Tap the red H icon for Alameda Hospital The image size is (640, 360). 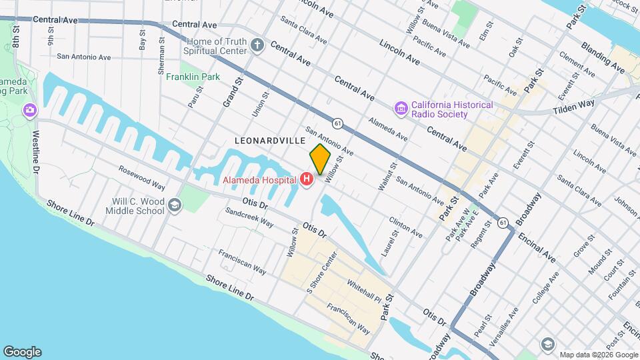(x=307, y=179)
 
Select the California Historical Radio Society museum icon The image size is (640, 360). (x=401, y=108)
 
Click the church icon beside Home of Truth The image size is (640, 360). (x=258, y=45)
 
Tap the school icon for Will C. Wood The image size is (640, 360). (x=175, y=205)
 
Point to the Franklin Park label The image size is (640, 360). (x=193, y=77)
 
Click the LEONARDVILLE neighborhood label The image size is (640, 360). (x=269, y=141)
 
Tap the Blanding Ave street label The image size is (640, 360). (x=603, y=57)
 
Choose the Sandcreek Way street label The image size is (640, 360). (x=249, y=217)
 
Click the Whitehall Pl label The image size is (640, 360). (x=363, y=290)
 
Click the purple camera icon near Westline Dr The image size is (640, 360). (x=29, y=109)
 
